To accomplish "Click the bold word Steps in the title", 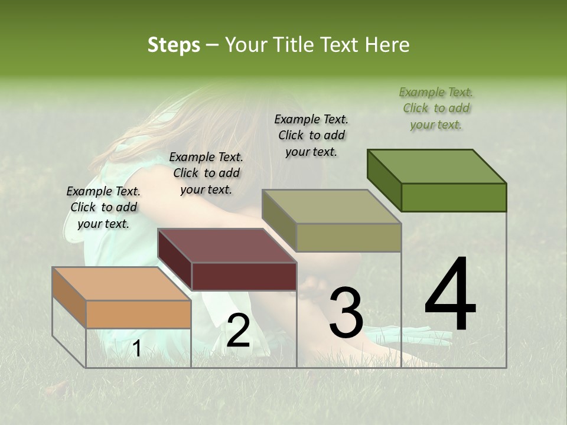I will coord(174,45).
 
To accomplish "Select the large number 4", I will coord(450,295).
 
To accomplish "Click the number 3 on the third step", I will coord(346,313).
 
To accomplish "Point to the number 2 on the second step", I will coord(238,331).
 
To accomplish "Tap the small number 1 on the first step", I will coord(136,349).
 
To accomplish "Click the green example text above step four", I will coord(436,108).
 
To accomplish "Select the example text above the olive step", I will coord(311,135).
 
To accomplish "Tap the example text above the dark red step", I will coord(206,173).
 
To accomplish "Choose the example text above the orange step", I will coord(103,207).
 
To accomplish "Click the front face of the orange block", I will coord(138,314).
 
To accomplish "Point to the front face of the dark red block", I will coord(244,276).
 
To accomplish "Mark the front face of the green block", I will coord(454,197).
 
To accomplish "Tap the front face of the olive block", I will coord(348,237).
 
